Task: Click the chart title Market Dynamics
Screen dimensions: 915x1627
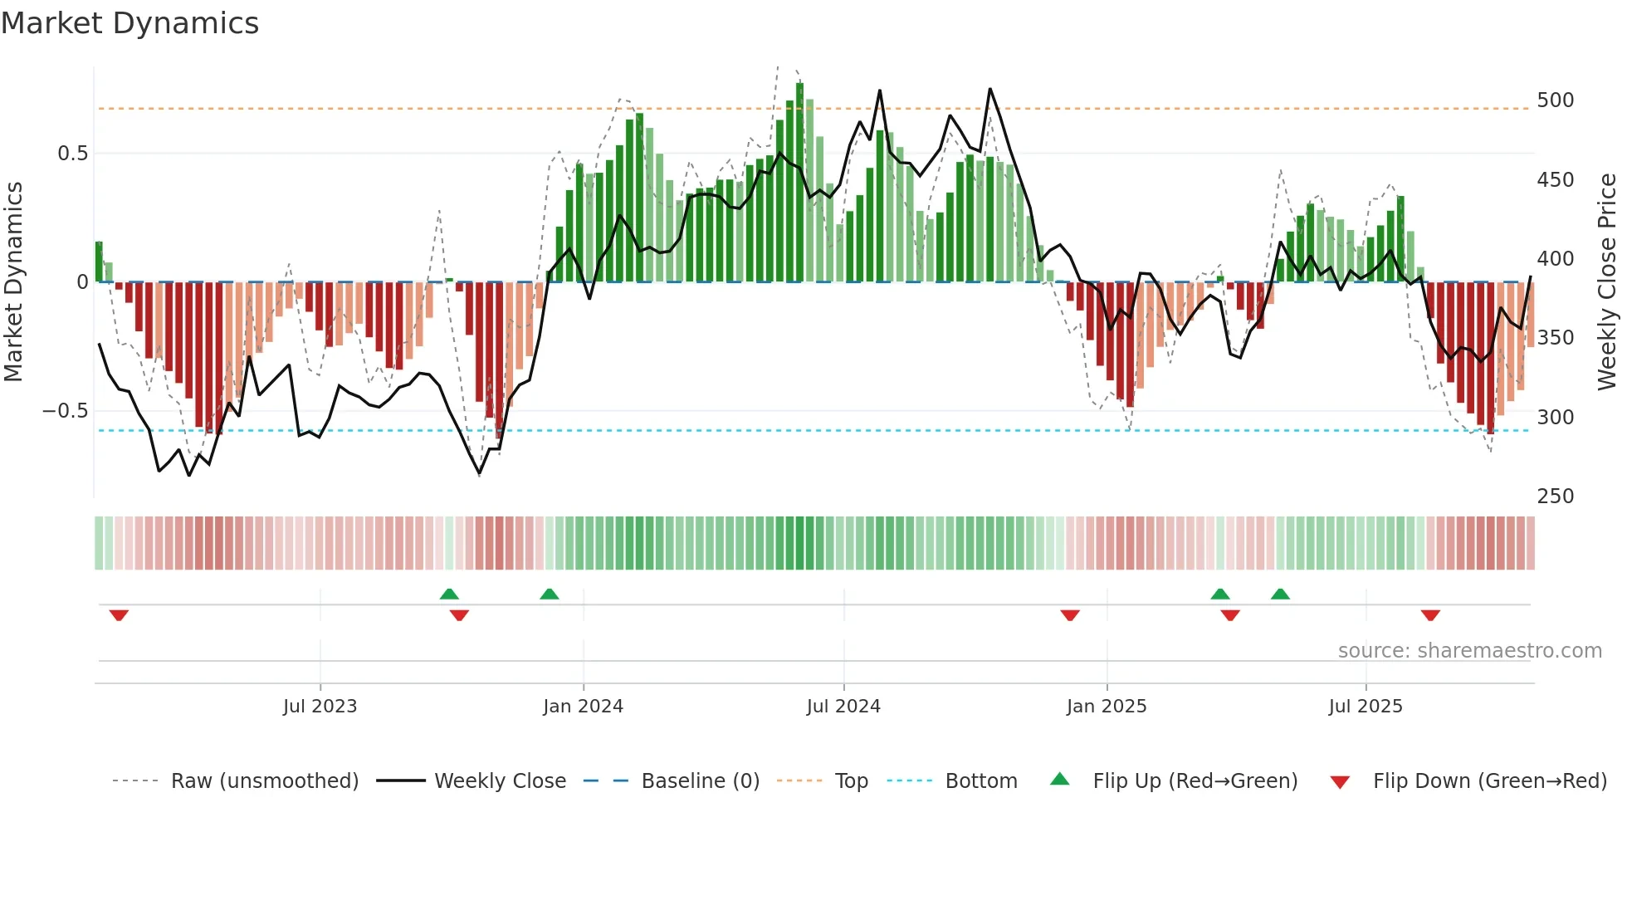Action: click(129, 23)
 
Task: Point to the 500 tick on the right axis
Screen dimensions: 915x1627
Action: click(1555, 100)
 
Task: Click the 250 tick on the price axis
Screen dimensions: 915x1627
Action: click(1555, 497)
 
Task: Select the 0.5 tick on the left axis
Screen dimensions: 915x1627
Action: click(72, 154)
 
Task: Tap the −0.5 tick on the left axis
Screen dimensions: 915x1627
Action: click(66, 411)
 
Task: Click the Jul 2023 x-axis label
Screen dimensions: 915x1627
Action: click(320, 707)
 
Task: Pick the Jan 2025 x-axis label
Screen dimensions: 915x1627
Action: click(1106, 707)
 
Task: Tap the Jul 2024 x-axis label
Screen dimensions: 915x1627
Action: click(843, 707)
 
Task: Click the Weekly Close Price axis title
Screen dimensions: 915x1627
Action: click(1607, 282)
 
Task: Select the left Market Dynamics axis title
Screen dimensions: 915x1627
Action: click(13, 282)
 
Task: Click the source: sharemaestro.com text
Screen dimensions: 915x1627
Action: click(1469, 651)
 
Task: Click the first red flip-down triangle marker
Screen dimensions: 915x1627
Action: click(119, 615)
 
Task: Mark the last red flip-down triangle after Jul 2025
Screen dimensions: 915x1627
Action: click(1429, 615)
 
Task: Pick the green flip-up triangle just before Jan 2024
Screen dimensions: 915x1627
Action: click(549, 594)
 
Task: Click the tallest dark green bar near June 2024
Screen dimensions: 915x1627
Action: click(799, 183)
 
